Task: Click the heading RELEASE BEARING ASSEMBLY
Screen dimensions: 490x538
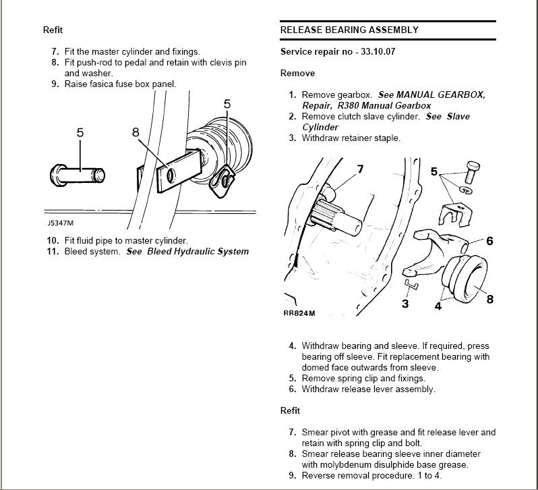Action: pyautogui.click(x=349, y=30)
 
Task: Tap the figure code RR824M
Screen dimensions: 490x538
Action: pyautogui.click(x=299, y=313)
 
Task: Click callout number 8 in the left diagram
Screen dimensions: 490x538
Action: pyautogui.click(x=136, y=132)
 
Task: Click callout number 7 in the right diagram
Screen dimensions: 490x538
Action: pyautogui.click(x=360, y=169)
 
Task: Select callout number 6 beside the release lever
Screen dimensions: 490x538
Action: pyautogui.click(x=489, y=241)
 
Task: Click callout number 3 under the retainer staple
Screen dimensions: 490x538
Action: pyautogui.click(x=405, y=304)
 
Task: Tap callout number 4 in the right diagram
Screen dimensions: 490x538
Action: pyautogui.click(x=438, y=306)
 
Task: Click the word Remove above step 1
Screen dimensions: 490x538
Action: pyautogui.click(x=297, y=73)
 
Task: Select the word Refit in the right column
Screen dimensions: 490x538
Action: pyautogui.click(x=290, y=410)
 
